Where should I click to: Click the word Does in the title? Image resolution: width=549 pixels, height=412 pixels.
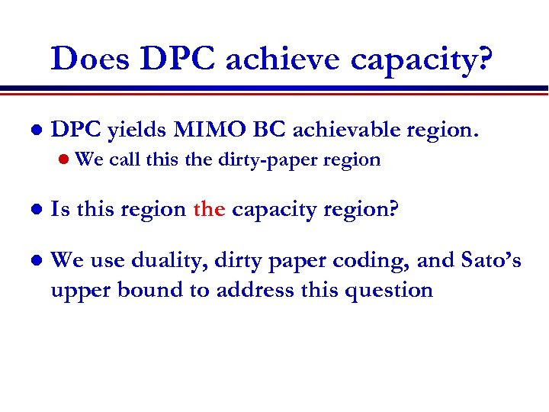[91, 59]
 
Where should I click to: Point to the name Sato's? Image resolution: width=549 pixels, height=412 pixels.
[491, 261]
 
